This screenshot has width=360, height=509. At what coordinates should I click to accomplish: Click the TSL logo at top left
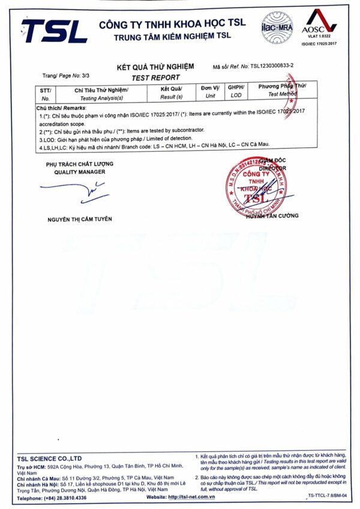pos(55,31)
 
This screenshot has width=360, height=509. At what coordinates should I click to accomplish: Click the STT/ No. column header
pos(46,93)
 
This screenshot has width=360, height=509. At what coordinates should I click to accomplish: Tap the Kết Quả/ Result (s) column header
pos(172,92)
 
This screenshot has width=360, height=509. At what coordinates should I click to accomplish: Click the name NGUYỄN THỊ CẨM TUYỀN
pos(80,219)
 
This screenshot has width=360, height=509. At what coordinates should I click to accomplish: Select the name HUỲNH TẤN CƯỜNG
pos(271,216)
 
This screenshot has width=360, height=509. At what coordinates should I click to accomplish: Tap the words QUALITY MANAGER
pos(79,172)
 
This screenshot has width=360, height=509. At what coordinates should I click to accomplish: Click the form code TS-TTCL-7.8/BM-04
pos(328,496)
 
